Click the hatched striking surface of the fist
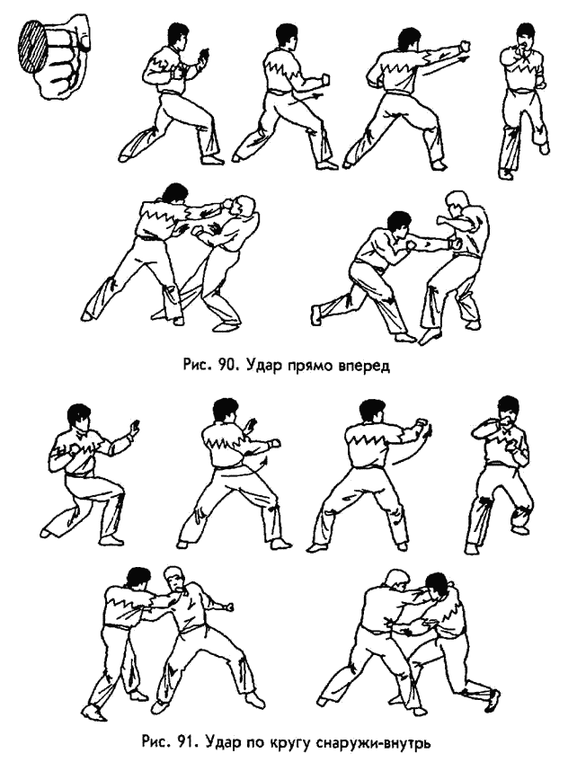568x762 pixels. [x=32, y=46]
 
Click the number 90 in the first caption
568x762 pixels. [x=226, y=365]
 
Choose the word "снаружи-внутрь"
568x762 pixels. [x=373, y=743]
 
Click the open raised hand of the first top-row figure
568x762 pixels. [x=203, y=55]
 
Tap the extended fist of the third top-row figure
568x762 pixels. [x=465, y=46]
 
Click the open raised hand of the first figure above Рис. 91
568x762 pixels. [x=134, y=428]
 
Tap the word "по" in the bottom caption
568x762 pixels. [x=253, y=743]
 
